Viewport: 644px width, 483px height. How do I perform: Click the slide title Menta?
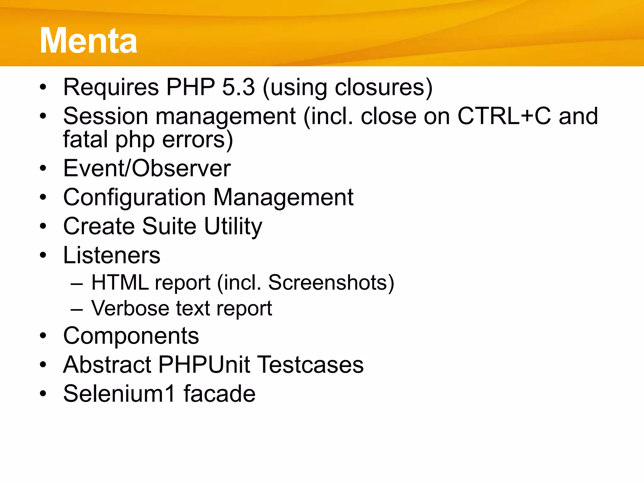tap(88, 41)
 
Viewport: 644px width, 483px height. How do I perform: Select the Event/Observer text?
tap(147, 168)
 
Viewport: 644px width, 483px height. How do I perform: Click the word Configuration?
tap(134, 197)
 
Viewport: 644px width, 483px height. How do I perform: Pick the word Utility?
tap(233, 226)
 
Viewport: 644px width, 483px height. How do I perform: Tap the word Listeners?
tap(112, 255)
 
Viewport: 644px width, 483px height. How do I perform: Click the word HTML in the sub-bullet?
tap(120, 282)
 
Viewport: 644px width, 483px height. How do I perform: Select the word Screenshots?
tap(327, 282)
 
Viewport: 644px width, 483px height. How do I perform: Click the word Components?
tap(131, 336)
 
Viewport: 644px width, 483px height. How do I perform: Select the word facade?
tap(219, 394)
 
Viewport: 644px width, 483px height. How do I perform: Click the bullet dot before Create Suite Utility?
tap(43, 226)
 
